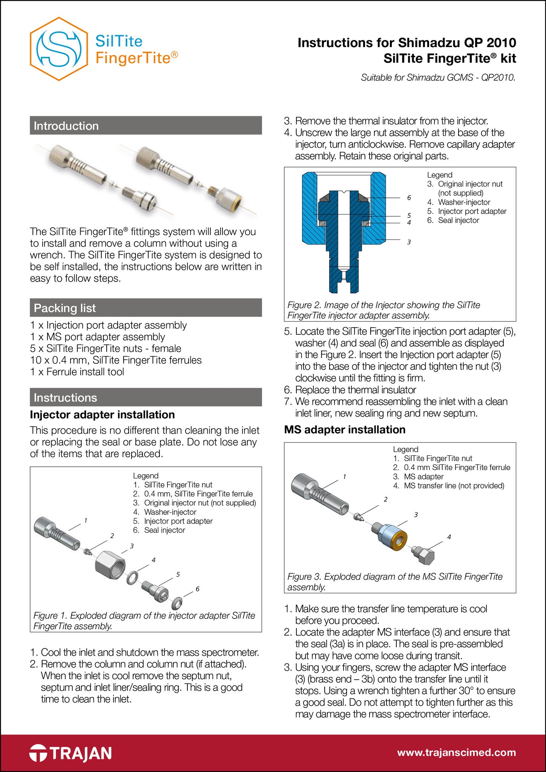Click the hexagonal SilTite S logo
pos(59,49)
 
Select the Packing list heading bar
pos(146,308)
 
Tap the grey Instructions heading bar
pos(146,397)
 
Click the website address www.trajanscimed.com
pos(456,753)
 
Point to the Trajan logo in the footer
pos(71,753)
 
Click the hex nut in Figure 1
pos(110,566)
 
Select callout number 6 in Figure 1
pos(197,589)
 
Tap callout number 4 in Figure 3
pos(449,537)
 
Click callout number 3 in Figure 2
pos(409,242)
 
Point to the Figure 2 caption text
pos(383,310)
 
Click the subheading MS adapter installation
pos(345,430)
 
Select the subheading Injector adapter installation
pos(102,415)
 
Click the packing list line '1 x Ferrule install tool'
pos(77,372)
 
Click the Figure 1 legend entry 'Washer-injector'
pos(170,512)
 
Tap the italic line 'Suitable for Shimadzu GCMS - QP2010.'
pos(438,78)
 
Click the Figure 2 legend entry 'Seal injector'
pos(458,221)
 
